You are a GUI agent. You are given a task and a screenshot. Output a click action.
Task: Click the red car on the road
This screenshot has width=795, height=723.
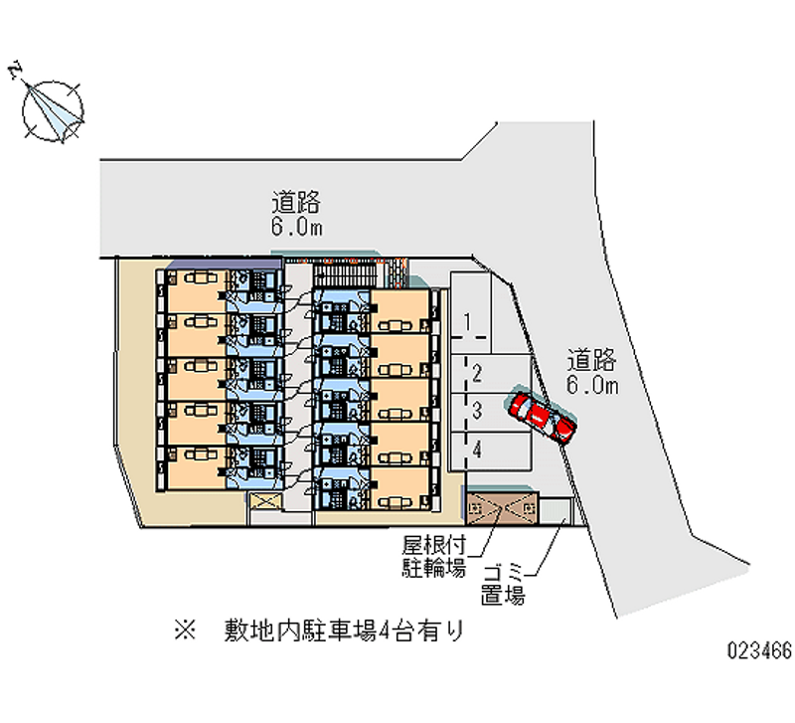[x=542, y=416]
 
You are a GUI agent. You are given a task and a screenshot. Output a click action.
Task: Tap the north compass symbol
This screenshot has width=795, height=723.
[x=53, y=106]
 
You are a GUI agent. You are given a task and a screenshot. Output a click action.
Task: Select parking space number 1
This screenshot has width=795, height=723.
[x=467, y=321]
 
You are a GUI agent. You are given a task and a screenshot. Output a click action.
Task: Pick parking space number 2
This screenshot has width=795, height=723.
[x=477, y=373]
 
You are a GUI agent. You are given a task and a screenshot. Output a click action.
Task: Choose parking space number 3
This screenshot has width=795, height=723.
[x=477, y=410]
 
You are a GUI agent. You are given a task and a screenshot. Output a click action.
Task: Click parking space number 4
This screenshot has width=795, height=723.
[x=478, y=450]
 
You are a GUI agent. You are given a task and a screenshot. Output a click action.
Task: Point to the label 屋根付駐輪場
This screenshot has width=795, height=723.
[x=433, y=556]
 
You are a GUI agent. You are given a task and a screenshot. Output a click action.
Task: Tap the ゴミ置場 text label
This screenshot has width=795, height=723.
[x=503, y=585]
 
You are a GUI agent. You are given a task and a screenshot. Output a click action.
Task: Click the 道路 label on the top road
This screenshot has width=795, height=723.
[x=295, y=203]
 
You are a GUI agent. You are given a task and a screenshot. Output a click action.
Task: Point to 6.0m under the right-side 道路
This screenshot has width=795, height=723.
[x=593, y=385]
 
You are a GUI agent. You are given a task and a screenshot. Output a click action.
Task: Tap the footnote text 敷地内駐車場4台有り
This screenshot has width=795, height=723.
[x=344, y=632]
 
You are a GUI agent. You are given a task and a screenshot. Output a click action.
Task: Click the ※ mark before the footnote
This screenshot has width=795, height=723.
[x=184, y=632]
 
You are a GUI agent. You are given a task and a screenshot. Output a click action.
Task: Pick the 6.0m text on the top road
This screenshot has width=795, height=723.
[x=296, y=228]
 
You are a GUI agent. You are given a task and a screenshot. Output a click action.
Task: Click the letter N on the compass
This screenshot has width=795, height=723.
[x=15, y=70]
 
